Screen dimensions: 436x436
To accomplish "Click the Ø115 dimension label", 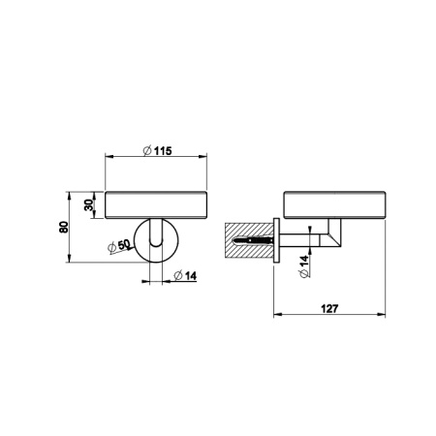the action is (157, 150).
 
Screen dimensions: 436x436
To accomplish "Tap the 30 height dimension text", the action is (88, 204).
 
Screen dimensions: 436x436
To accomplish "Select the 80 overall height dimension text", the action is (64, 227).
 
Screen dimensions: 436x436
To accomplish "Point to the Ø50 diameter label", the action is (118, 246).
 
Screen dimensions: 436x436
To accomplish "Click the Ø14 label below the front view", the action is (185, 276).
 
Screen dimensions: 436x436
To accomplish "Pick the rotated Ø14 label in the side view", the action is (304, 266).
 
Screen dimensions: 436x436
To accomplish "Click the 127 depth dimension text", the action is (329, 309).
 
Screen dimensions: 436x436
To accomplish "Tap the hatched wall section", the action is (249, 240).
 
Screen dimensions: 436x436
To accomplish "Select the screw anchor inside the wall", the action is (253, 240).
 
